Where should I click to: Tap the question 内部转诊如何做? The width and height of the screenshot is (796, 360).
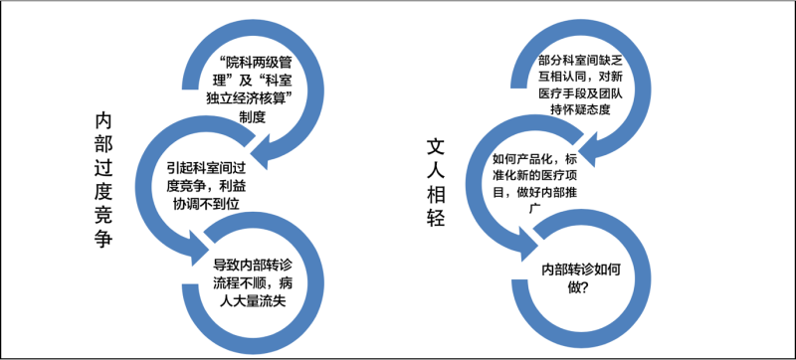(579, 279)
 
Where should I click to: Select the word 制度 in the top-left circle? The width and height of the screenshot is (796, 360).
(252, 116)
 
